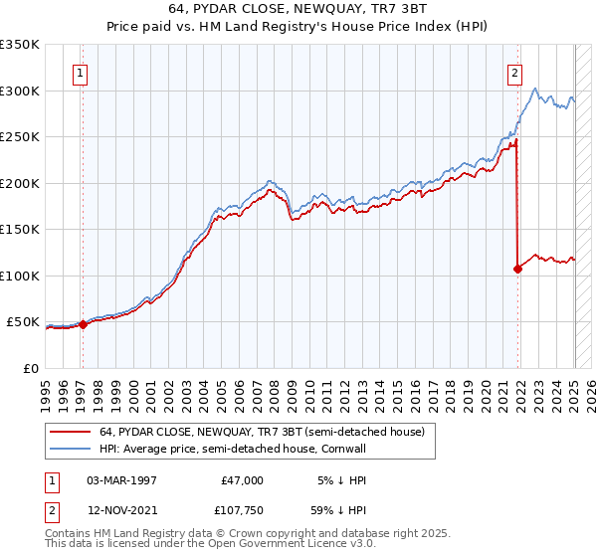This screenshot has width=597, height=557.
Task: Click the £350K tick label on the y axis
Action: [x=20, y=45]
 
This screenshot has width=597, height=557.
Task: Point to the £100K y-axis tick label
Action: [x=20, y=276]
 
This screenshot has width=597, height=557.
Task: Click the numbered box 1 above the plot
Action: [x=80, y=72]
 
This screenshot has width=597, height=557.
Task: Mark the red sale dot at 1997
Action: [x=83, y=324]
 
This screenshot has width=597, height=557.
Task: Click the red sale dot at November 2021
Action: [x=518, y=269]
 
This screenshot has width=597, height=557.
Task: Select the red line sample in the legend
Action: [x=69, y=432]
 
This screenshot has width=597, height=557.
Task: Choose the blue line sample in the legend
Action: [x=69, y=450]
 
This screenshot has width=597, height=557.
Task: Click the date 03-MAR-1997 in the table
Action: [x=121, y=480]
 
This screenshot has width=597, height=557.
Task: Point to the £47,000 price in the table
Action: [x=241, y=480]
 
